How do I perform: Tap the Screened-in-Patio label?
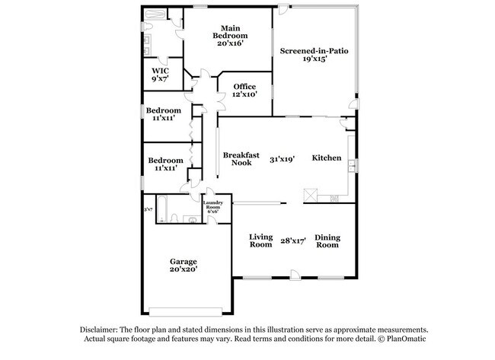(314, 51)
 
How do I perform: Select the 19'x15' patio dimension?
(315, 59)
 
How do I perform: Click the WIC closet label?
(160, 70)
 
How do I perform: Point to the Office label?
(244, 86)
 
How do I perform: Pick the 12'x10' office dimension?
(244, 94)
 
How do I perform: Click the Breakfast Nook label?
(237, 158)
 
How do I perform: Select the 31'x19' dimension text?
(282, 160)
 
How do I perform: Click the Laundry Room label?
(212, 205)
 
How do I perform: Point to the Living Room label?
(261, 241)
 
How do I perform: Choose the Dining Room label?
(327, 241)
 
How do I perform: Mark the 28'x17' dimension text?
(293, 241)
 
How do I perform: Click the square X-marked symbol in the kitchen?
(310, 194)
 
